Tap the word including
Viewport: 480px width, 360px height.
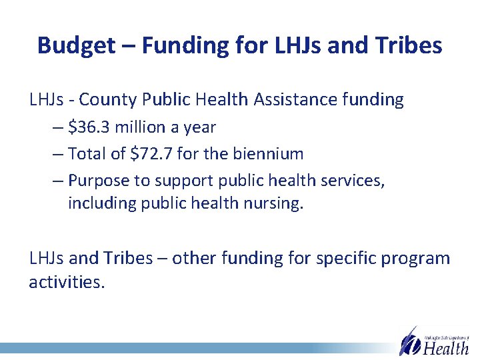click(101, 203)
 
